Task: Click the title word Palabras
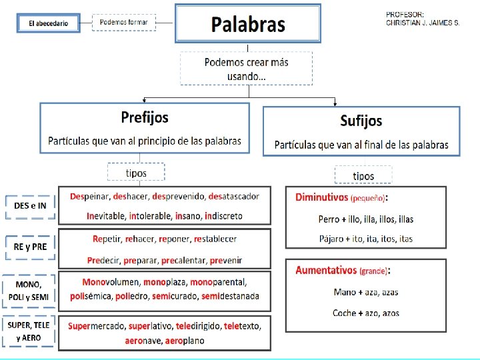[x=248, y=25]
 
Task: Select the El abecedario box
[x=48, y=23]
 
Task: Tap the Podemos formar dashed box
[x=123, y=23]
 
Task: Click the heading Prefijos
[x=145, y=117]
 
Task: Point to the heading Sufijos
[x=361, y=121]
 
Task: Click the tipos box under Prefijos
[x=136, y=173]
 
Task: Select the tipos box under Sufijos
[x=363, y=176]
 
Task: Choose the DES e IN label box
[x=30, y=206]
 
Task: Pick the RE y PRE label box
[x=30, y=246]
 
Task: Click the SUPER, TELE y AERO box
[x=29, y=331]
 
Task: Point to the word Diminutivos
[x=321, y=197]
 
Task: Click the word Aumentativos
[x=327, y=270]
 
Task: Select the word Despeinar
[x=90, y=196]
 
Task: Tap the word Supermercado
[x=96, y=327]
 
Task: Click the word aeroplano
[x=182, y=341]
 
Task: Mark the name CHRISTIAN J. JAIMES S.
[x=423, y=23]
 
